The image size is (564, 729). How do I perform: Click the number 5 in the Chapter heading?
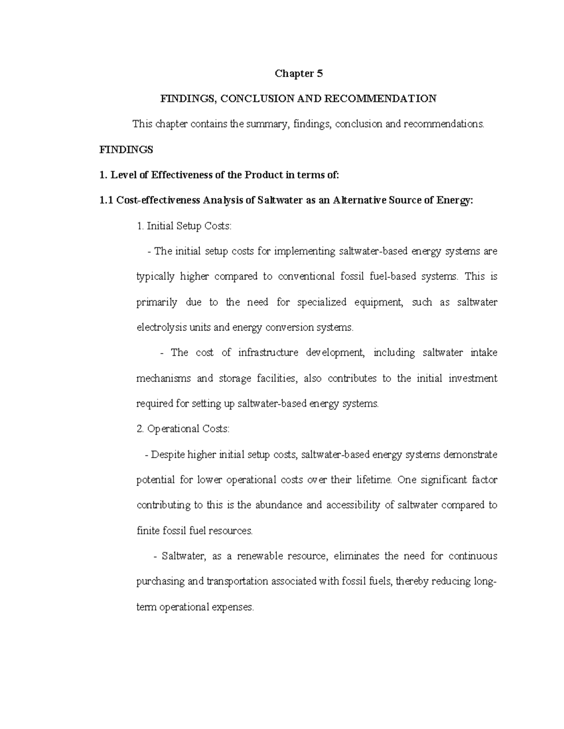[x=320, y=73]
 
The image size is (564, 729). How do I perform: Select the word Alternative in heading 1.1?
[x=362, y=200]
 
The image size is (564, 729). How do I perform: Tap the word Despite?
[x=168, y=454]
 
